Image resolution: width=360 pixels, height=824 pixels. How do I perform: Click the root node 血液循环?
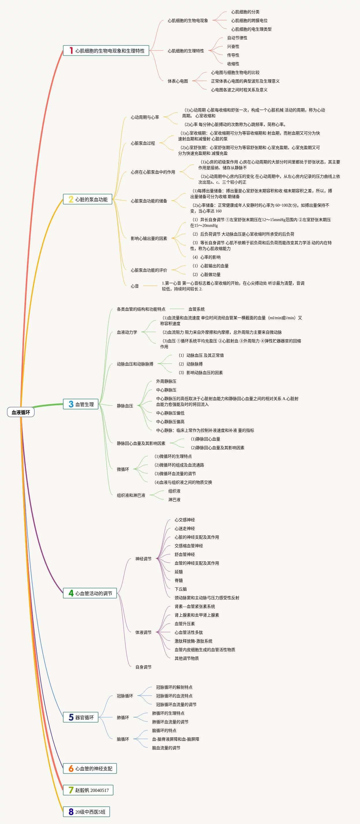coord(21,412)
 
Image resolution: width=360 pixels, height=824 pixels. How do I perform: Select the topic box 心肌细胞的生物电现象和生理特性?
coord(106,51)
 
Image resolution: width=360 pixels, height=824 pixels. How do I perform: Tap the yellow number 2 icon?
coord(71,199)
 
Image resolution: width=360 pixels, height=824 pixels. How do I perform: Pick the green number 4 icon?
coord(71,593)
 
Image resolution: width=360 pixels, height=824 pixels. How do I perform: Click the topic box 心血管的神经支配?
coord(90,769)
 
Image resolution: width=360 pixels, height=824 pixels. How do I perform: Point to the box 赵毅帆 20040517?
coord(88,791)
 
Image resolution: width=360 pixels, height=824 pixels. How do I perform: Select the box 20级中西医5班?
coord(86,812)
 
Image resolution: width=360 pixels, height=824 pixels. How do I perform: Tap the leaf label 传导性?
coord(233,55)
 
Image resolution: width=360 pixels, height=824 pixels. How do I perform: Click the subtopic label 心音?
coord(135,286)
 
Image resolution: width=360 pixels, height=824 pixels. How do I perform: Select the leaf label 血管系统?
coord(197,309)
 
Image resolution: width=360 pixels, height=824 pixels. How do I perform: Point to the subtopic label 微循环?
coord(123,469)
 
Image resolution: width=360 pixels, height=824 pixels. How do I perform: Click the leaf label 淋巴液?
coord(174,500)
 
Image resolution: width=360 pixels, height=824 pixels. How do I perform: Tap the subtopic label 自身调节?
coord(143,667)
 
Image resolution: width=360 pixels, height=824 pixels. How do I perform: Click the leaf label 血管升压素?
coord(185,624)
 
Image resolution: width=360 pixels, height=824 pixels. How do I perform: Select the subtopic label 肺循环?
coord(123,718)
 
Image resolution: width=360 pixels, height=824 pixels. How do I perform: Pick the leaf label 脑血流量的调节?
coord(166,748)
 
